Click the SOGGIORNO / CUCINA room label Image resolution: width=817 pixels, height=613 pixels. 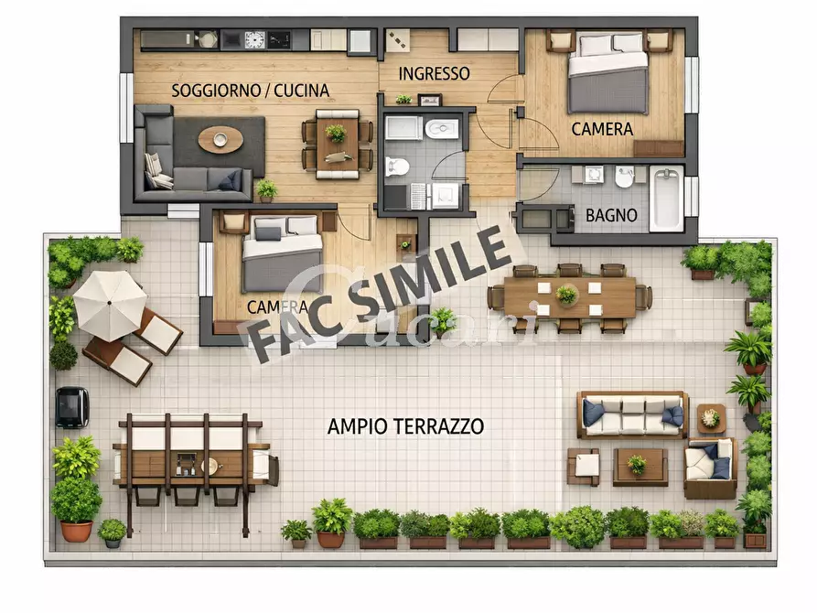tap(250, 91)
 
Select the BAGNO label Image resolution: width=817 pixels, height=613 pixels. tap(606, 217)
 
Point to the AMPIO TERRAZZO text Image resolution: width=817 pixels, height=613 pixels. tap(405, 426)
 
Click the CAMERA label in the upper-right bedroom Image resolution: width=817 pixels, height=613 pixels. tap(602, 129)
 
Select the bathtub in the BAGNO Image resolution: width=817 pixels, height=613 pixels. tap(666, 199)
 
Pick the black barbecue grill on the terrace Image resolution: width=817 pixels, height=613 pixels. tap(72, 406)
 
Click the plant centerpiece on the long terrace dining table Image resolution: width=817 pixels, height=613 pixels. tap(567, 295)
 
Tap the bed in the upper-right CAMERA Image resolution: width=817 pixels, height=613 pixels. tap(607, 72)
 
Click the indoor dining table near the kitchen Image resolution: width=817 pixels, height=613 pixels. tap(338, 144)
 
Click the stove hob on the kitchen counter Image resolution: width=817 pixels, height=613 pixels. tap(255, 39)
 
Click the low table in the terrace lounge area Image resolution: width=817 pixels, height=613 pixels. tap(639, 466)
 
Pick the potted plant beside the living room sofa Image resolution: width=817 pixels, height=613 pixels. tap(266, 189)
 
